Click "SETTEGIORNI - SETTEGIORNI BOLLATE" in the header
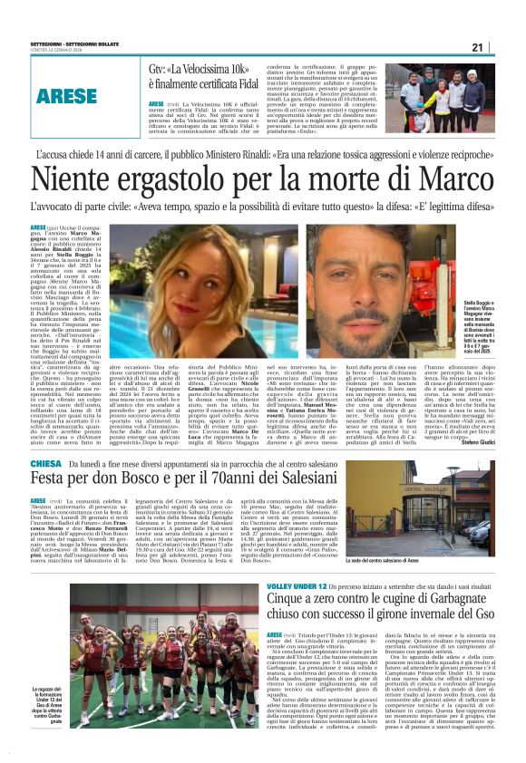pyautogui.click(x=77, y=40)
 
